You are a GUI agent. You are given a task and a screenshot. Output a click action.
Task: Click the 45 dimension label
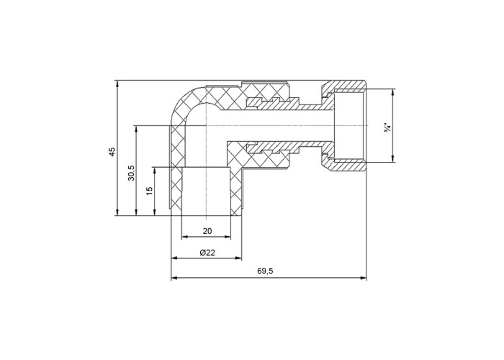(x=112, y=152)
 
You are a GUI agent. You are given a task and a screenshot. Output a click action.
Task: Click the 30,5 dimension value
(x=132, y=173)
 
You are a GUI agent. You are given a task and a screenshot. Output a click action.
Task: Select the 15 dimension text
(x=150, y=192)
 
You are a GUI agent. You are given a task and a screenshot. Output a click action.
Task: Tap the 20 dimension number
(x=207, y=231)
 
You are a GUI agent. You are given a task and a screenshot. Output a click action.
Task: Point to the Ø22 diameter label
(x=207, y=253)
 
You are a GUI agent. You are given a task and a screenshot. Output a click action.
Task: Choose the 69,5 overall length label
(x=265, y=271)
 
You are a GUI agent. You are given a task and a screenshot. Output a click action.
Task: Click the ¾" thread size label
(x=387, y=126)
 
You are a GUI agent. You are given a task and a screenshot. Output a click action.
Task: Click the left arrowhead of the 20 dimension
(x=184, y=237)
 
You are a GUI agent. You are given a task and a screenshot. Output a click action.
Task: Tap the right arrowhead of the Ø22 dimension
(x=238, y=258)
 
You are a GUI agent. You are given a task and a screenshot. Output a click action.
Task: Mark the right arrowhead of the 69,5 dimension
(x=364, y=278)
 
